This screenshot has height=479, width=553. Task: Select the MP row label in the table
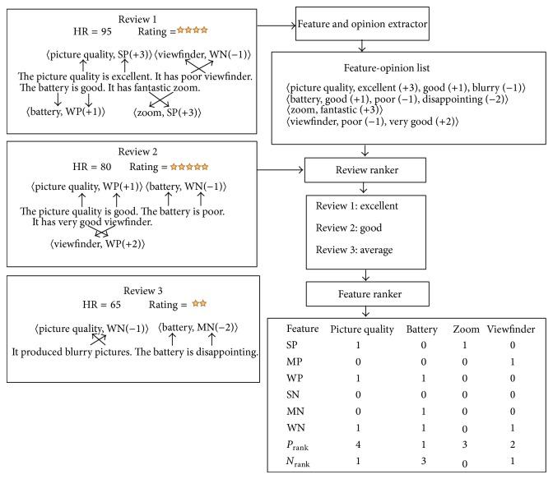[x=292, y=364]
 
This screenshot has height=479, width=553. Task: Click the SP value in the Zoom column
[x=465, y=346]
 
